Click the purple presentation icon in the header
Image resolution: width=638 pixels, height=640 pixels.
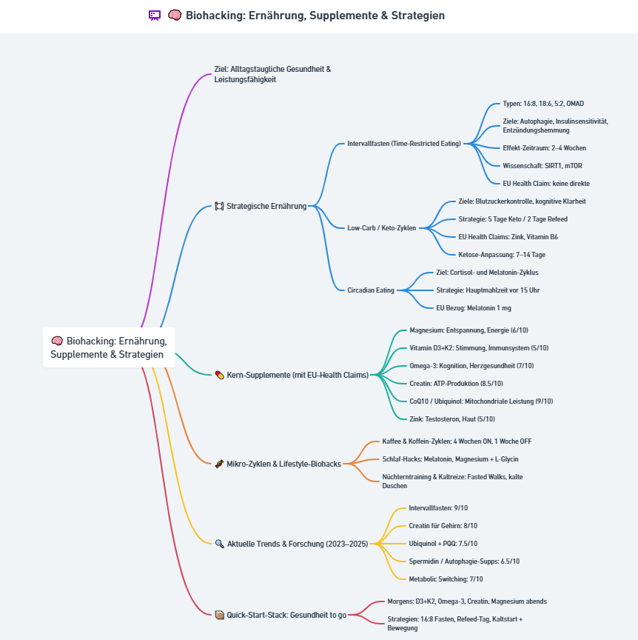pyautogui.click(x=155, y=16)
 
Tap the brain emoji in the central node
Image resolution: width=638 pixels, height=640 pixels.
pyautogui.click(x=57, y=341)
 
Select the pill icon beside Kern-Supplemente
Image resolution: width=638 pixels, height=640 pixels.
pyautogui.click(x=220, y=375)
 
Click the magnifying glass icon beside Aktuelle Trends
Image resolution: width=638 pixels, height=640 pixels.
pyautogui.click(x=220, y=544)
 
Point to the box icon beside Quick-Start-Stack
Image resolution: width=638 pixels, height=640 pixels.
pyautogui.click(x=220, y=615)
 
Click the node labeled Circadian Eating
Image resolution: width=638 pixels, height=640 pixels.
pyautogui.click(x=371, y=290)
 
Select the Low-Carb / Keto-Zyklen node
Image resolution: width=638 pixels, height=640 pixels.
pyautogui.click(x=382, y=227)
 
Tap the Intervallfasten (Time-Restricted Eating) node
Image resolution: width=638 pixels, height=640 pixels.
pyautogui.click(x=404, y=144)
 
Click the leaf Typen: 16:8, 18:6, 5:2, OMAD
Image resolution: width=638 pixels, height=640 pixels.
pyautogui.click(x=543, y=104)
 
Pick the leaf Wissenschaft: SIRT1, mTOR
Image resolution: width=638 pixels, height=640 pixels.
pyautogui.click(x=543, y=166)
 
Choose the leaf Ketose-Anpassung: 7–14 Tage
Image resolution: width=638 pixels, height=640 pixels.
pyautogui.click(x=502, y=255)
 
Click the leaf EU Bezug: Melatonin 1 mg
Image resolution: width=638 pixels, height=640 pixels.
pyautogui.click(x=474, y=308)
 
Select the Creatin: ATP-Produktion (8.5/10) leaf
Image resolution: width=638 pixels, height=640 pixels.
pyautogui.click(x=456, y=384)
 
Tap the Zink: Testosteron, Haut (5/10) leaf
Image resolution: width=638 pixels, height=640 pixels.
pyautogui.click(x=452, y=419)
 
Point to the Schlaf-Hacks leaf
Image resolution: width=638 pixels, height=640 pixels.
pyautogui.click(x=450, y=459)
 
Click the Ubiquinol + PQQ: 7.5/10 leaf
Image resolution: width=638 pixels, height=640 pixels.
pyautogui.click(x=443, y=544)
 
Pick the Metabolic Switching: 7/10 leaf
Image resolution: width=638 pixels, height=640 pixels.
pyautogui.click(x=446, y=579)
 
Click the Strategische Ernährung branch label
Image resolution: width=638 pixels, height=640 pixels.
pyautogui.click(x=266, y=206)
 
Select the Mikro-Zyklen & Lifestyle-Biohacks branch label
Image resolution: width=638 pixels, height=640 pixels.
pyautogui.click(x=284, y=464)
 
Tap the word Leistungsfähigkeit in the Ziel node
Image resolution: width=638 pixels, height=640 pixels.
pyautogui.click(x=245, y=79)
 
